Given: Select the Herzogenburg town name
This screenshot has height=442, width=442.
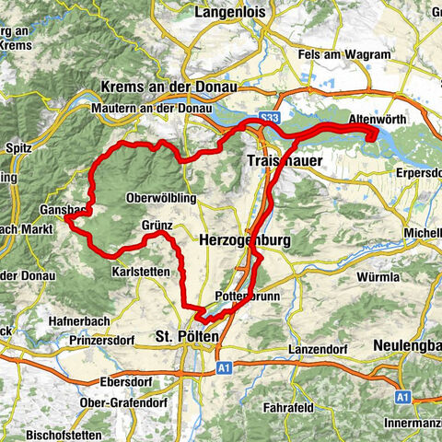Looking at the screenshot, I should [245, 239].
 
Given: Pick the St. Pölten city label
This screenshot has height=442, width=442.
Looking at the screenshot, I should [188, 336].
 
